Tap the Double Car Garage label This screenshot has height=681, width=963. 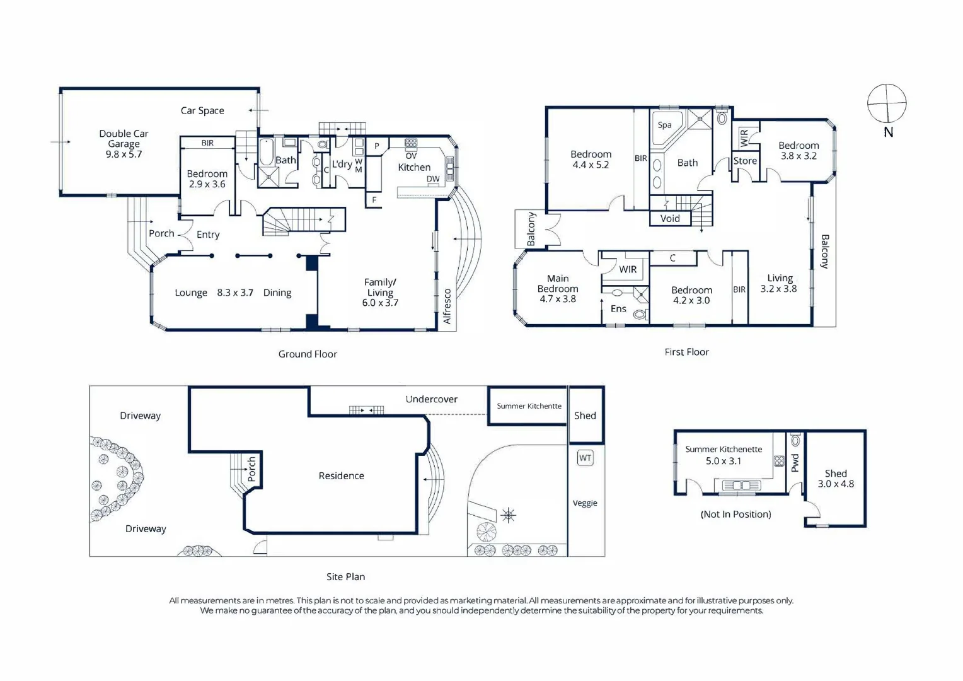124,144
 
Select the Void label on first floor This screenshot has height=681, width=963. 670,219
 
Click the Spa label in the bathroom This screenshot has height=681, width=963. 664,125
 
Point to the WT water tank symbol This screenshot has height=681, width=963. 585,458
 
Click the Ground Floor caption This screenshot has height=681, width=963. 308,354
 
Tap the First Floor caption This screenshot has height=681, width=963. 686,352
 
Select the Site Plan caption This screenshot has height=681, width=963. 345,577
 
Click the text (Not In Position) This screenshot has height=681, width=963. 735,514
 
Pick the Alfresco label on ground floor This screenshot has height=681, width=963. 447,306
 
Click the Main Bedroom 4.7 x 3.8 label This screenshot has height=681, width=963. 558,289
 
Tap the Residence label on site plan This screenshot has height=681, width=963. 342,476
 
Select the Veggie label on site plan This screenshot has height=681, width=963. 585,503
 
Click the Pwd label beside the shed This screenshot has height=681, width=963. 795,462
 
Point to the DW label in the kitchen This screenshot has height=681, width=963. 433,179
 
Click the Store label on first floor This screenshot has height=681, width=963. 745,161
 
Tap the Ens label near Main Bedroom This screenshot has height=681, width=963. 618,309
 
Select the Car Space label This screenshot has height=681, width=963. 202,110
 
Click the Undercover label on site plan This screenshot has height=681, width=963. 431,399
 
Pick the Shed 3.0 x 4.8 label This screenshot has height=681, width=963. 836,479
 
